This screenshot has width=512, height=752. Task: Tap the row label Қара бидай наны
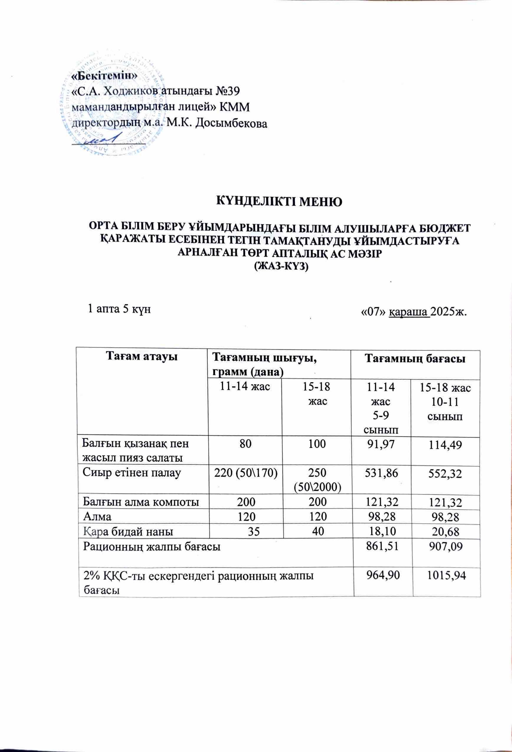(x=128, y=531)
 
